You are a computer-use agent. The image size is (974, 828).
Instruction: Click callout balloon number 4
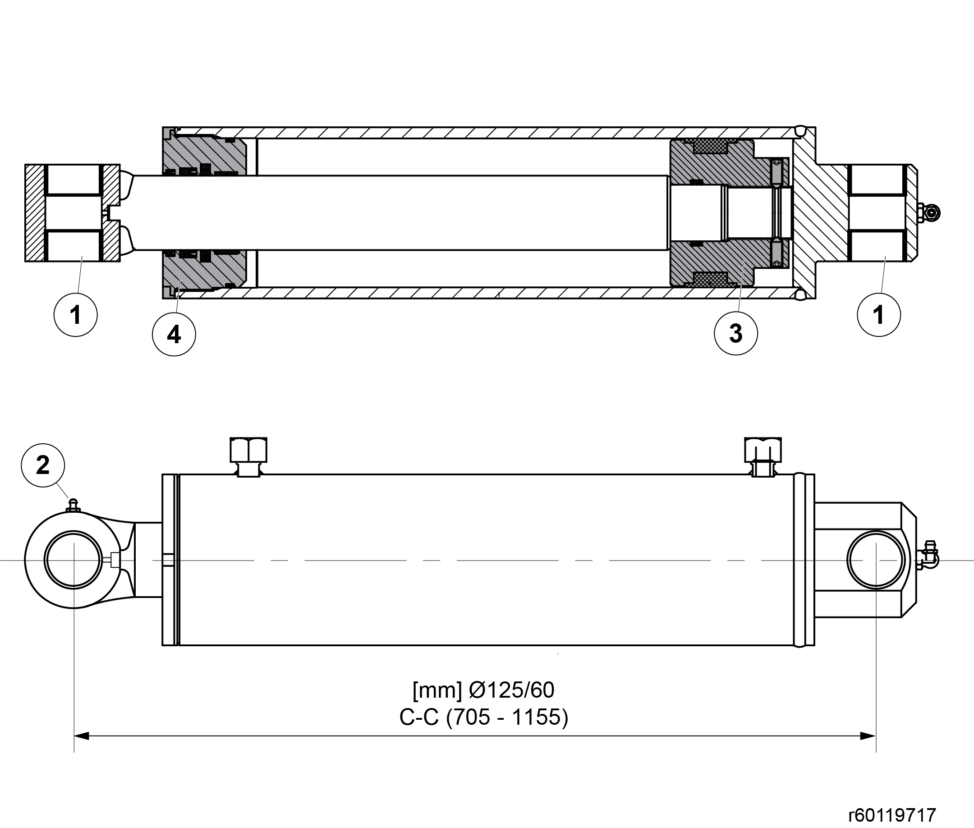click(174, 334)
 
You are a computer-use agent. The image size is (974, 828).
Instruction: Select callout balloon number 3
click(735, 333)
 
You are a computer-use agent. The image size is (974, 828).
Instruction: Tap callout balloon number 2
click(43, 465)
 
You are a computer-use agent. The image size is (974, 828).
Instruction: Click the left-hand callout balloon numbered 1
click(76, 314)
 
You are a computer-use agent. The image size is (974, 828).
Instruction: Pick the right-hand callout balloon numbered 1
click(879, 314)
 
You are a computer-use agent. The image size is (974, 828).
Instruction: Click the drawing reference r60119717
click(892, 815)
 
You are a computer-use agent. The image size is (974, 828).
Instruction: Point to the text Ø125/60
click(512, 690)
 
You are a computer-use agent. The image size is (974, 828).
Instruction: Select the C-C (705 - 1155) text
click(484, 717)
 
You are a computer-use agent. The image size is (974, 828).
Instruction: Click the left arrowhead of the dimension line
click(82, 736)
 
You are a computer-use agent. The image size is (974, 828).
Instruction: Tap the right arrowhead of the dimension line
click(868, 736)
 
